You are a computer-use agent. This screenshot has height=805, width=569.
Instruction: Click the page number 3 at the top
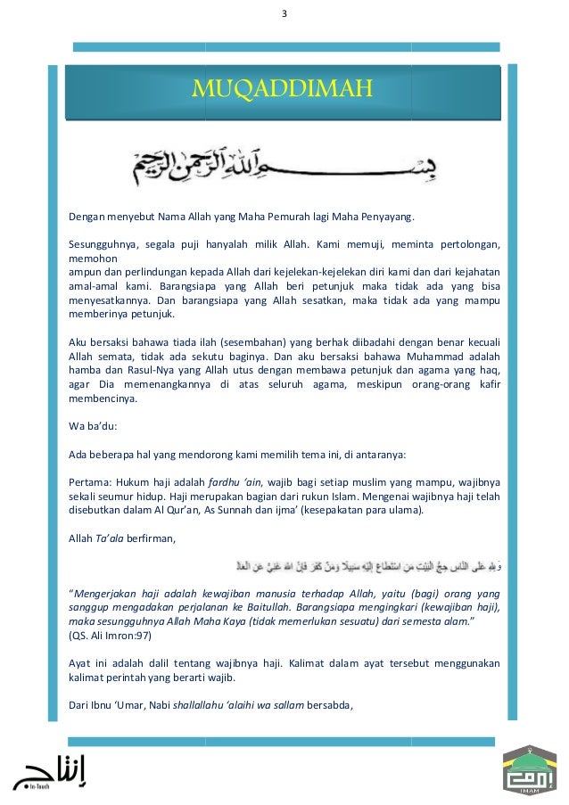click(284, 12)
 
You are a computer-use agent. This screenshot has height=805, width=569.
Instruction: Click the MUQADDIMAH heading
click(283, 89)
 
